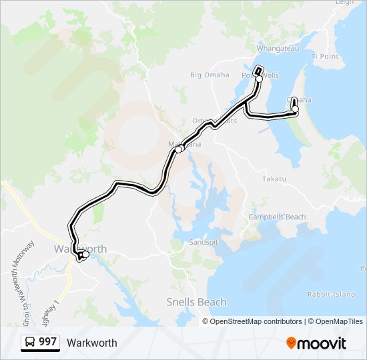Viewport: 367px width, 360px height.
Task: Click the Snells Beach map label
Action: coord(196,302)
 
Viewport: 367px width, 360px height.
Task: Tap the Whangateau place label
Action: coord(281,49)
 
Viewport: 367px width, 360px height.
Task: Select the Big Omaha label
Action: coord(210,75)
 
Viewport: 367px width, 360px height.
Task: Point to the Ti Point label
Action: coord(325,56)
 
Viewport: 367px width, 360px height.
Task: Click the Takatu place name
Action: coord(274,179)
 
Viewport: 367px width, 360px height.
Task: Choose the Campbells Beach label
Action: coord(277,217)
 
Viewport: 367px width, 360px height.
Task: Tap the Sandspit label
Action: coord(204,243)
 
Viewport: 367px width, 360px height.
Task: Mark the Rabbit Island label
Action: coord(331,294)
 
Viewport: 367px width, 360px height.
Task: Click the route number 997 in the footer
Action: coord(47,342)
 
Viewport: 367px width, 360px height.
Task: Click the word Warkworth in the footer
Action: coord(91,343)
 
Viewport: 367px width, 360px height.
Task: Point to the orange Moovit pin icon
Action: coord(292,343)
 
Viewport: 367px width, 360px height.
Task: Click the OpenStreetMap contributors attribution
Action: coord(256,321)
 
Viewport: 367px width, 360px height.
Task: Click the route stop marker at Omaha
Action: coord(295,109)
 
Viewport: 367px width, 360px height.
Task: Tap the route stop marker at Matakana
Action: coord(179,149)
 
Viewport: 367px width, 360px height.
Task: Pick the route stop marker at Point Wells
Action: coord(259,79)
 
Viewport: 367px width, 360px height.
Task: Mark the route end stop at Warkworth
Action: coord(85,254)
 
